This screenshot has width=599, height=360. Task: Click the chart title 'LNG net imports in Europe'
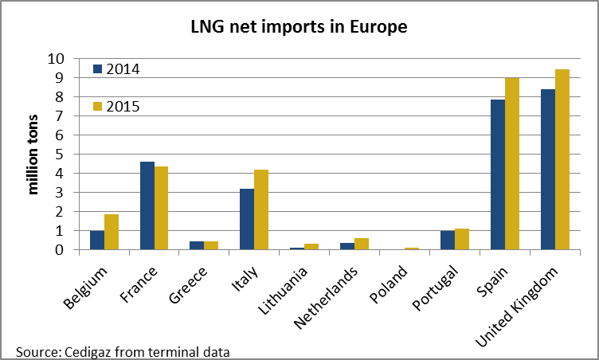coord(299,27)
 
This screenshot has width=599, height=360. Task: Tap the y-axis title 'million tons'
coord(33,154)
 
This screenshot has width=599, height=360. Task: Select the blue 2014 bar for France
coord(147,205)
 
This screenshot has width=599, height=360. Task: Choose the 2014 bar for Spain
coord(498,174)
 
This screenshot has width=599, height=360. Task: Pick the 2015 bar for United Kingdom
coord(562,159)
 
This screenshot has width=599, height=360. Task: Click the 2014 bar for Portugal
coord(448,240)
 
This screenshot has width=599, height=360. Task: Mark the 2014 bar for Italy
coord(247,219)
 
